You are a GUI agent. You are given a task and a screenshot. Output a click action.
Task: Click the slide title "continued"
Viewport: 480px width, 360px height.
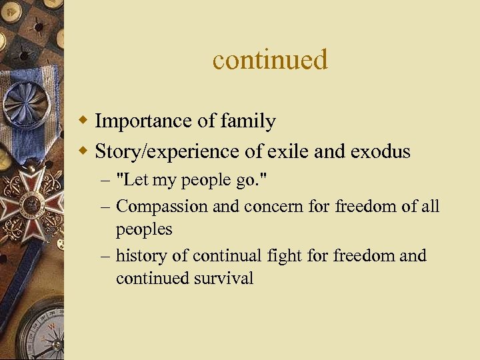(270, 60)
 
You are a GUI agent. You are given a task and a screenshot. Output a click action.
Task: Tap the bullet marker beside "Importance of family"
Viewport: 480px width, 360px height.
(83, 121)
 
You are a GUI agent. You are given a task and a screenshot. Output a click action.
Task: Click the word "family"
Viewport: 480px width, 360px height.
(251, 121)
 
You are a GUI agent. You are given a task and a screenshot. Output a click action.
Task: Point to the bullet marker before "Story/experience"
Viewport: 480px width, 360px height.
(83, 152)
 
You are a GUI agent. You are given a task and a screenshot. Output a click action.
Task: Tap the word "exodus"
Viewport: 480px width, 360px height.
(377, 152)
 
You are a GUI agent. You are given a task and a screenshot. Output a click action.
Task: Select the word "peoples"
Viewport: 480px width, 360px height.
(144, 229)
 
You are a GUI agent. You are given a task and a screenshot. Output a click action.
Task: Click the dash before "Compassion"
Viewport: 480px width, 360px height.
(106, 207)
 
